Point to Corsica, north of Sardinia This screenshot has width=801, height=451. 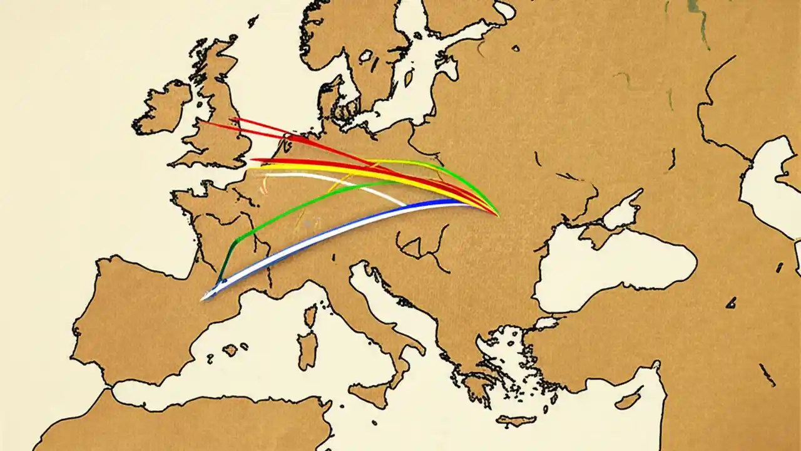click(x=309, y=316)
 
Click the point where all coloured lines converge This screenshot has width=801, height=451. click(x=497, y=215)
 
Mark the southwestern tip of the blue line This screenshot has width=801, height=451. click(x=203, y=299)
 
